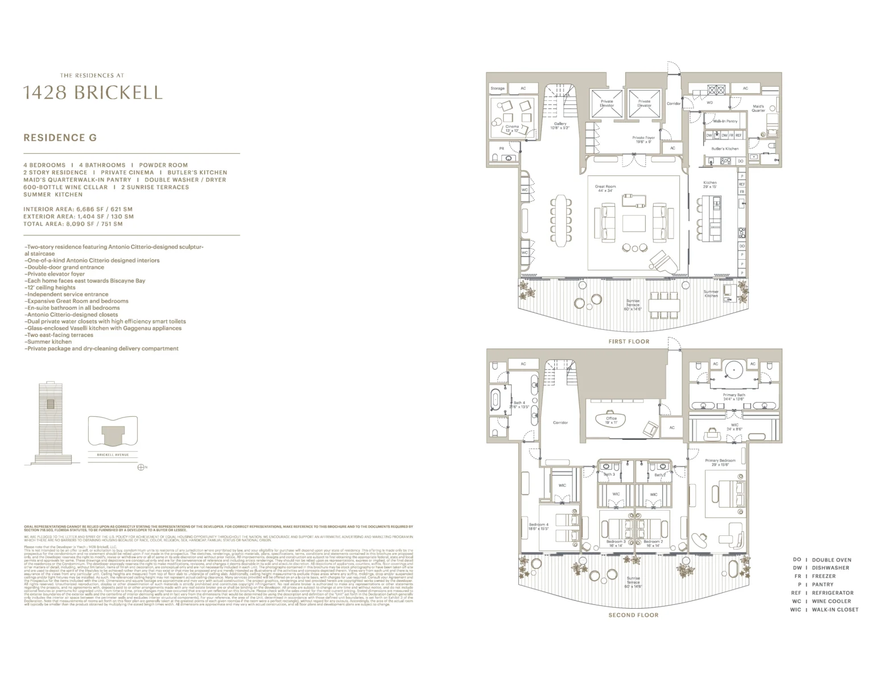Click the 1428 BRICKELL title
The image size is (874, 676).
[x=92, y=92]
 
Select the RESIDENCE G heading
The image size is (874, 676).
[x=60, y=138]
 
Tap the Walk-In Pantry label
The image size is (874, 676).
[x=725, y=121]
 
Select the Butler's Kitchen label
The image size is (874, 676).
[x=724, y=149]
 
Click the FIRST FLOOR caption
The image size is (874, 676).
[x=629, y=342]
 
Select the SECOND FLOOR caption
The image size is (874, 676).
[x=633, y=615]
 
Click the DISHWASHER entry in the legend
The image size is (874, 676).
[x=831, y=568]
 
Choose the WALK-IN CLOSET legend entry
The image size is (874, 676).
[x=835, y=609]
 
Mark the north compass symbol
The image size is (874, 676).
[x=141, y=468]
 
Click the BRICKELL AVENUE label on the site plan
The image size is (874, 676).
[x=113, y=454]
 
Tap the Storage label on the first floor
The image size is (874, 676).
[x=497, y=89]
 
